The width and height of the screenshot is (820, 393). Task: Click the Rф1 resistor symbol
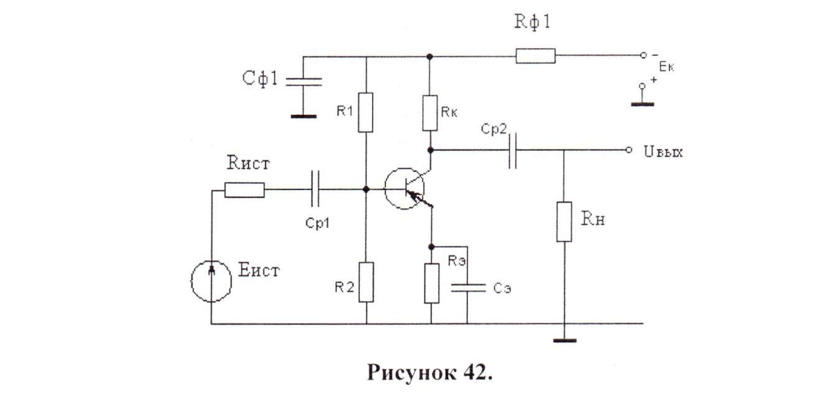point(535,56)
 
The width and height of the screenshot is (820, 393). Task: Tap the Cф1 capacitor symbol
point(303,81)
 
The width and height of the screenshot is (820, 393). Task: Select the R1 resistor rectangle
point(366,112)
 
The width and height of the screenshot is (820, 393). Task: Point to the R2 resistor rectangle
point(366,281)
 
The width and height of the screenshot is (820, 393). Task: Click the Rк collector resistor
point(430,112)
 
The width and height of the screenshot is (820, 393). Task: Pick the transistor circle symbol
point(404,188)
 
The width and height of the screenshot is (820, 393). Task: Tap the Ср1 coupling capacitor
point(315,188)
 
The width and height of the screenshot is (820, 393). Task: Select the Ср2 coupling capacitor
point(513,150)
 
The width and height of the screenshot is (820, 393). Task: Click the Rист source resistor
point(244,189)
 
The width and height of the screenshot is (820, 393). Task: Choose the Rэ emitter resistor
point(431,283)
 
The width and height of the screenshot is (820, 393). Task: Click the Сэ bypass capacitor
point(467,287)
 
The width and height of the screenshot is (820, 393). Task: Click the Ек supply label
point(665,68)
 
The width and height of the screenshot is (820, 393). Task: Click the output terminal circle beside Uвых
point(629,150)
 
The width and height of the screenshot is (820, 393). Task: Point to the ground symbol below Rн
point(564,340)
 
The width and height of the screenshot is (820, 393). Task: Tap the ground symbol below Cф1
point(303,115)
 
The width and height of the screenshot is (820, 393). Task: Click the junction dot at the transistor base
point(366,188)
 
